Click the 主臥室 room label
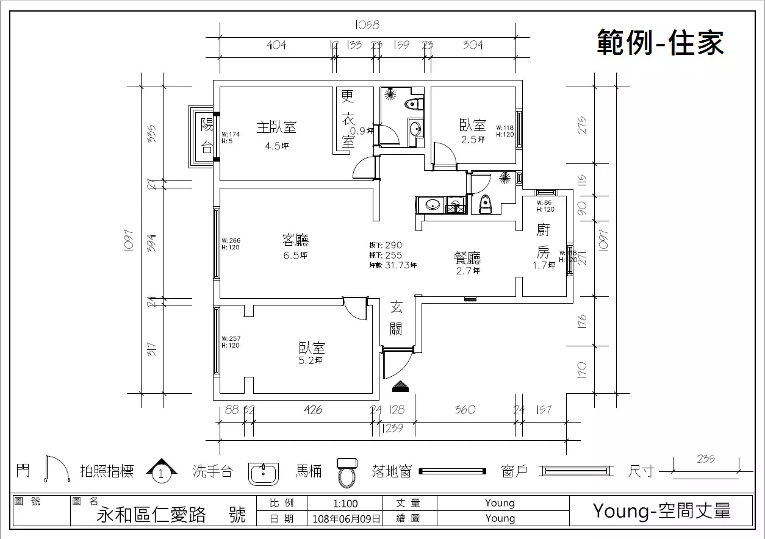pos(276,127)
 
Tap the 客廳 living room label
pos(295,240)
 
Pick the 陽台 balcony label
pos(207,135)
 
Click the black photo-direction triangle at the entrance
pos(401,385)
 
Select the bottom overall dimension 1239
pos(392,429)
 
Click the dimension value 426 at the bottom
pos(312,410)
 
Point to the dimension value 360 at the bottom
pos(465,410)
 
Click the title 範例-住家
pos(660,43)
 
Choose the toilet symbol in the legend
pos(347,472)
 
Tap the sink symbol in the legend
pos(264,473)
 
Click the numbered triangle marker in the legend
pos(161,471)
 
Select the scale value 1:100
pos(346,504)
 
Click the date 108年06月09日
pos(346,519)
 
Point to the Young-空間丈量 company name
pos(661,510)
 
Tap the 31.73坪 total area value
pos(401,265)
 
